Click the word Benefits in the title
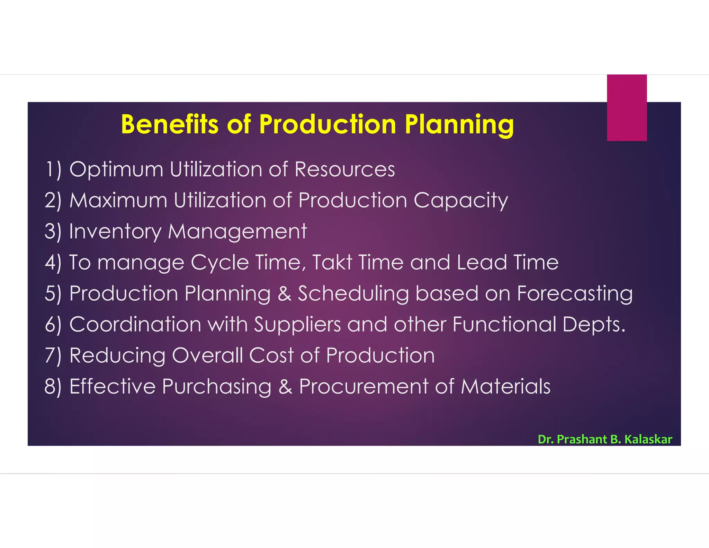coord(170,124)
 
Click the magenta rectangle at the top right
coord(627,107)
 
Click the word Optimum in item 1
coord(116,170)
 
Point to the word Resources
coord(344,169)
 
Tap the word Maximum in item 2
coord(118,201)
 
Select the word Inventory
coord(115,232)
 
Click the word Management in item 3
coord(237,232)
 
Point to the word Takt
coord(332,262)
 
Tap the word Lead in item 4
coord(482,262)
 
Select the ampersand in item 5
coord(284,293)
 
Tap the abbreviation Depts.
coord(594,325)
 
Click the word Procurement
coord(364,386)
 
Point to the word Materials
coord(505,386)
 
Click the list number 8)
coord(53,387)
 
